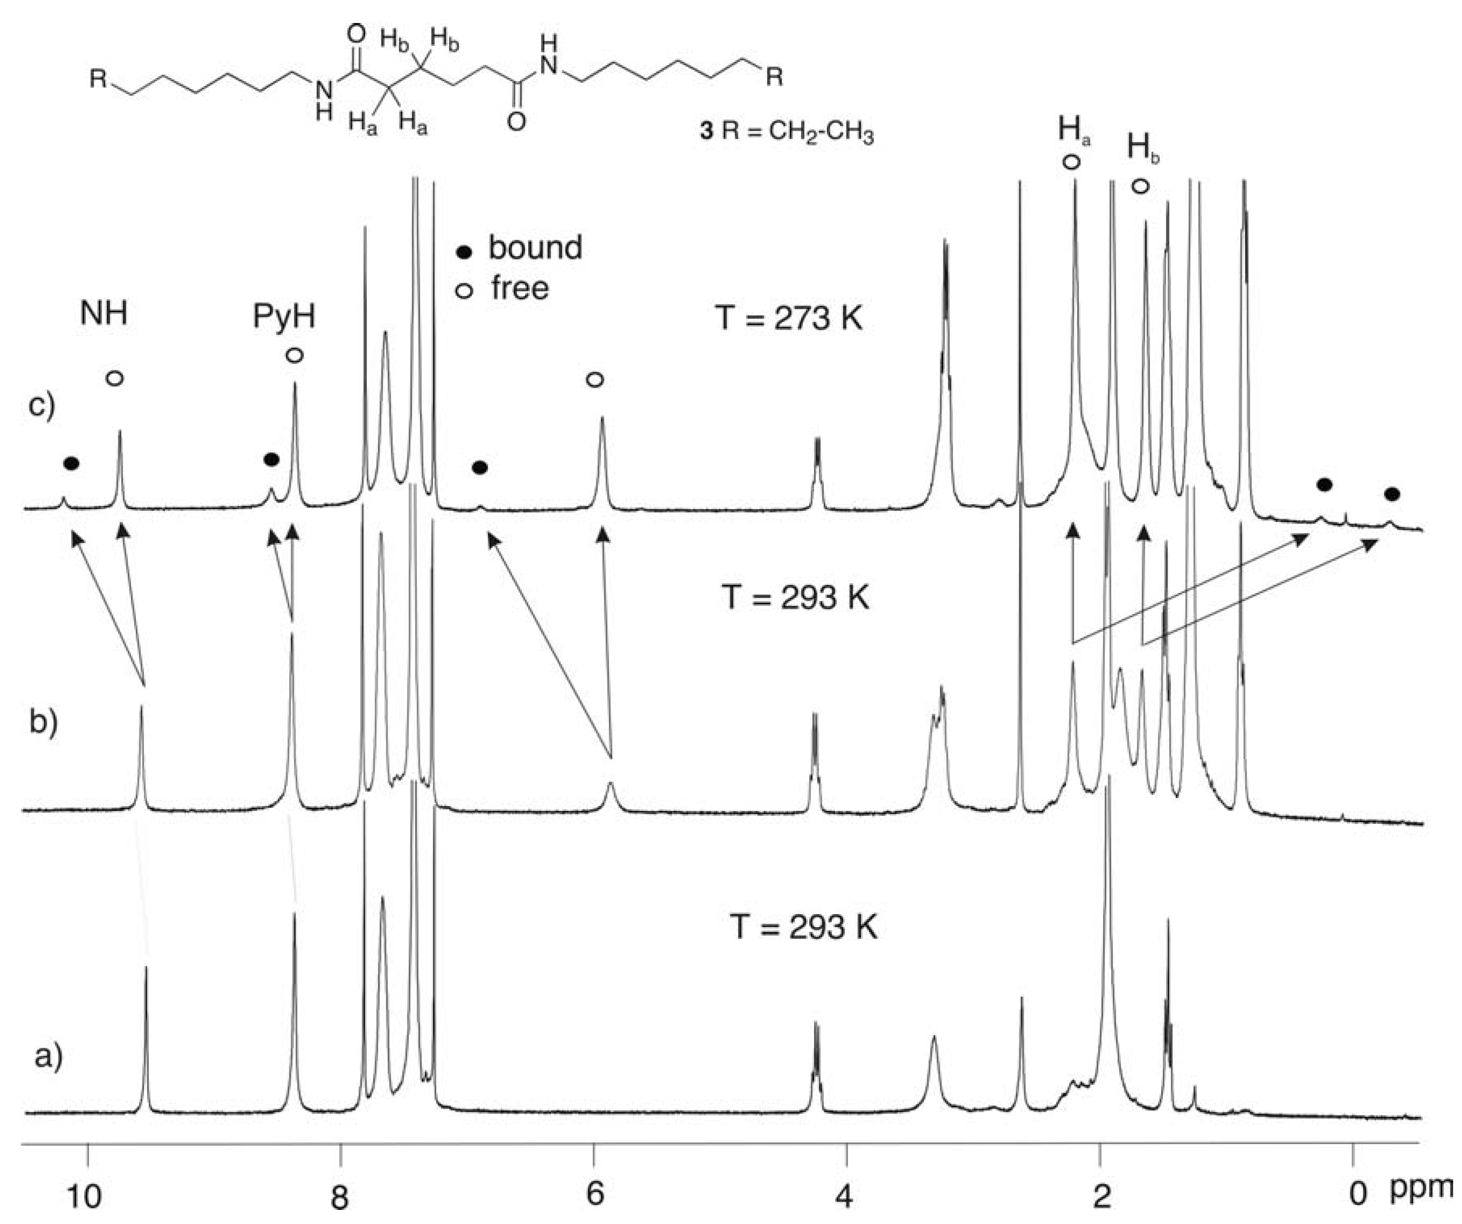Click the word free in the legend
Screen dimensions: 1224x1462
(x=519, y=288)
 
